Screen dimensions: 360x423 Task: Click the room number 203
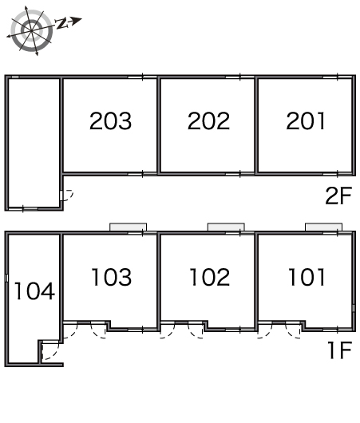(111, 121)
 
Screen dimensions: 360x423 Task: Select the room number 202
(208, 121)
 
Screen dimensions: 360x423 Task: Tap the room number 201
(306, 121)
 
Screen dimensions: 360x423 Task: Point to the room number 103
(112, 277)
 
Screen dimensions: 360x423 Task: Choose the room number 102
(210, 277)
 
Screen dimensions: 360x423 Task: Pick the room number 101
(307, 277)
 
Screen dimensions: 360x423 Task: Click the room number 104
(34, 291)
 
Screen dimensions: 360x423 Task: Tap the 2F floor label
(338, 196)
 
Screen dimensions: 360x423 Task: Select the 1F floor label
(340, 350)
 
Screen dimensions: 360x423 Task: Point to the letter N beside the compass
(61, 24)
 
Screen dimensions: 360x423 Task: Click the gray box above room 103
(128, 227)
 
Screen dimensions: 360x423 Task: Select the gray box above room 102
(226, 227)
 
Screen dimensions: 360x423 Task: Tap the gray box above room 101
(323, 227)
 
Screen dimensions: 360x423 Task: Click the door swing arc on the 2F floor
(71, 197)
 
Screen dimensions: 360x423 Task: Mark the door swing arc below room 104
(55, 354)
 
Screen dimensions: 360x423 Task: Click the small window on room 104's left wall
(6, 278)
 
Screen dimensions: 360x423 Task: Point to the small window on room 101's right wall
(354, 308)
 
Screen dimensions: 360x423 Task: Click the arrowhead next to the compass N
(77, 21)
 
